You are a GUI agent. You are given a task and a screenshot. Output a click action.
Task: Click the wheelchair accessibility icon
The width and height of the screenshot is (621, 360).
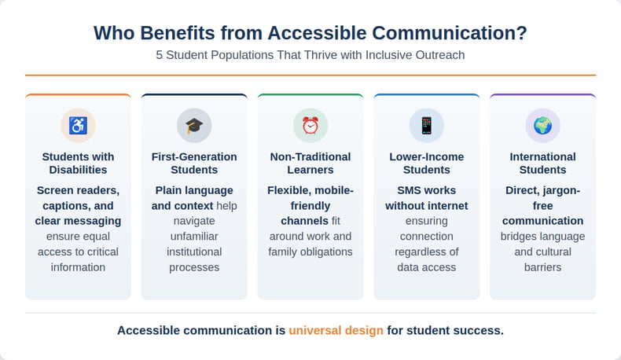(x=78, y=126)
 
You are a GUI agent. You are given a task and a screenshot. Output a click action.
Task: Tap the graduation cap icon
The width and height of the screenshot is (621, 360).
(x=194, y=126)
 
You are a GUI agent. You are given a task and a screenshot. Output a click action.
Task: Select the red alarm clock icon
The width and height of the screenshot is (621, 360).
(x=310, y=126)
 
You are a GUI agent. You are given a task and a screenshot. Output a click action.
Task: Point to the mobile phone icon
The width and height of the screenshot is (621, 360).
(x=427, y=126)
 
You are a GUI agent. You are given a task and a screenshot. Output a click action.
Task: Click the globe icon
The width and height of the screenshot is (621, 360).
(x=542, y=126)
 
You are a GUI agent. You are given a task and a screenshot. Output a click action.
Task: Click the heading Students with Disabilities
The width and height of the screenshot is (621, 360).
(x=78, y=163)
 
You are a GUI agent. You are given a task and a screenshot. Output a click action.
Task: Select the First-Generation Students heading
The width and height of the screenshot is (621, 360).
(x=194, y=163)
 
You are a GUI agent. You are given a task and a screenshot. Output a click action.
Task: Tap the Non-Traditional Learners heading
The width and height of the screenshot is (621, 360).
(x=310, y=163)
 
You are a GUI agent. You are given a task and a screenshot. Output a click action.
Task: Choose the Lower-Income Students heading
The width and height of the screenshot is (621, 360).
(x=427, y=163)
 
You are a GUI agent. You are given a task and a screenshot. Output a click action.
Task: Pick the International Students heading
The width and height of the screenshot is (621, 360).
(x=542, y=163)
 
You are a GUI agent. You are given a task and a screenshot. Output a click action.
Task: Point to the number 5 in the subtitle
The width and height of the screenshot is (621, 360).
(x=159, y=55)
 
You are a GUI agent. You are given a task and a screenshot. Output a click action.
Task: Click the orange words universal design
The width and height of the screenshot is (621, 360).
(x=336, y=330)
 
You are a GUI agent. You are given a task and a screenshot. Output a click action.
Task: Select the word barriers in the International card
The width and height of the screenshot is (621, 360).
(x=542, y=267)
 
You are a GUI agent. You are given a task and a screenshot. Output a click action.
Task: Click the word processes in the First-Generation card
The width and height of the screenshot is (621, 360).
(x=194, y=268)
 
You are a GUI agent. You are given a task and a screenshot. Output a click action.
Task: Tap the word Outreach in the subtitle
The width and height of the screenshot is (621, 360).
(x=440, y=55)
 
